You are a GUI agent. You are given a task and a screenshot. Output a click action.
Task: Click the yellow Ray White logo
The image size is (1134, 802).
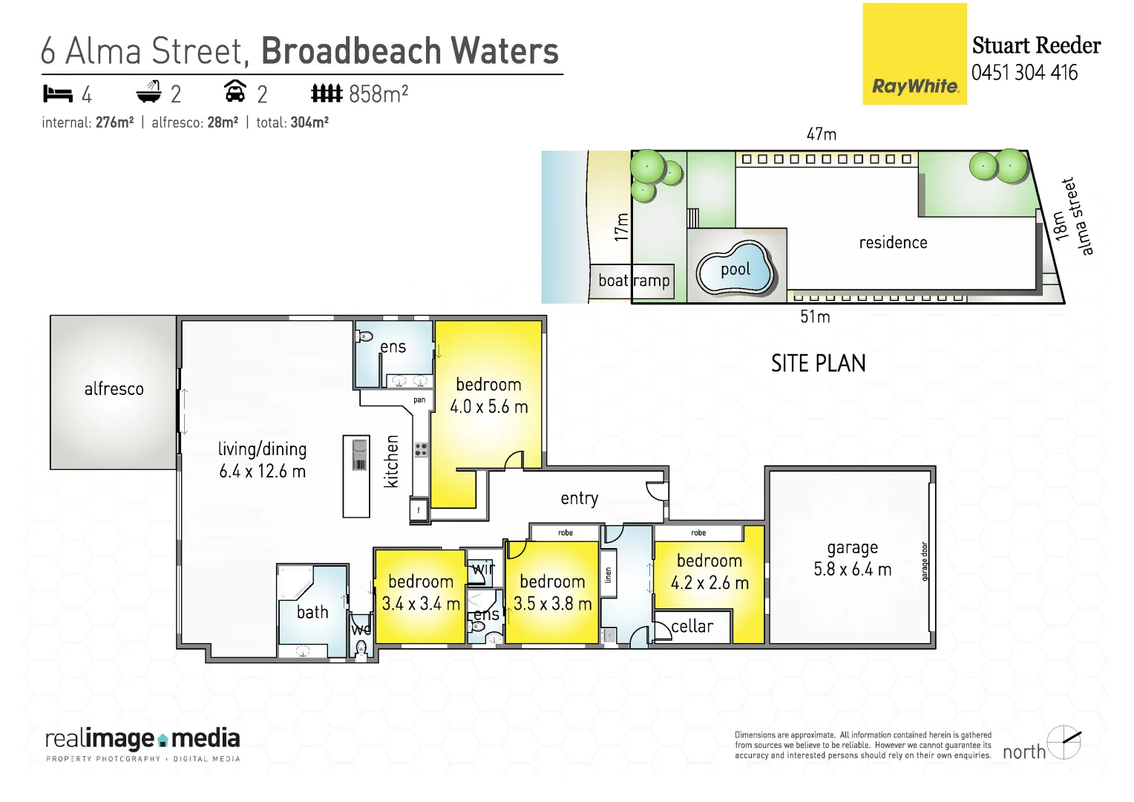914,54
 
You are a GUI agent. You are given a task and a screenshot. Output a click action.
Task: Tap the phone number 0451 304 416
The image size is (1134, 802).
1024,73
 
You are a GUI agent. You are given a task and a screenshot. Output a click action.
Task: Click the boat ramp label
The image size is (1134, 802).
633,281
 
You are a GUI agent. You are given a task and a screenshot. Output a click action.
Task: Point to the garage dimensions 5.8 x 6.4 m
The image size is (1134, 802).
852,570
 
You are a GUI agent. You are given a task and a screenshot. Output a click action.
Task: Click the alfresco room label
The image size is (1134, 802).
114,389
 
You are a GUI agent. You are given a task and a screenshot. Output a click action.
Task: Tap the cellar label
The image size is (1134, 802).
692,627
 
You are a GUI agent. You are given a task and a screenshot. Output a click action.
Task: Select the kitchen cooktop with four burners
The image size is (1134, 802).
421,449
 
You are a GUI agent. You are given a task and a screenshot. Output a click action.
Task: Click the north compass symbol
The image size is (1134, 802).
1063,742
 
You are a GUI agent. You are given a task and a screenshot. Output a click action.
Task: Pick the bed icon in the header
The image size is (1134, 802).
58,94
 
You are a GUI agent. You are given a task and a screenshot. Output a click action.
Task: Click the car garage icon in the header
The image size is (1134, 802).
235,92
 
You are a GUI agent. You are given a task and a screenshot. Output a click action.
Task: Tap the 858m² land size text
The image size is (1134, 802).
378,94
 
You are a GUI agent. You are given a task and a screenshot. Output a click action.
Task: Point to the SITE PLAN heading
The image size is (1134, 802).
818,364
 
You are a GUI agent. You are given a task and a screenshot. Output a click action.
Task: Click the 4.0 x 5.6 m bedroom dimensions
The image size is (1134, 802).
488,407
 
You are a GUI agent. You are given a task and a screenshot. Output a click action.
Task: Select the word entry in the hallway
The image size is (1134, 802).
579,498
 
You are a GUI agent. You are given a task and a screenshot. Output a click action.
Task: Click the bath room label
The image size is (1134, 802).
312,613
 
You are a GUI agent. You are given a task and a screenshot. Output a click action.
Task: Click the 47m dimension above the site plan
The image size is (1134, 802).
821,134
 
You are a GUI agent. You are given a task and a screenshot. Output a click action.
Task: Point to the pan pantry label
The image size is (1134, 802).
419,400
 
